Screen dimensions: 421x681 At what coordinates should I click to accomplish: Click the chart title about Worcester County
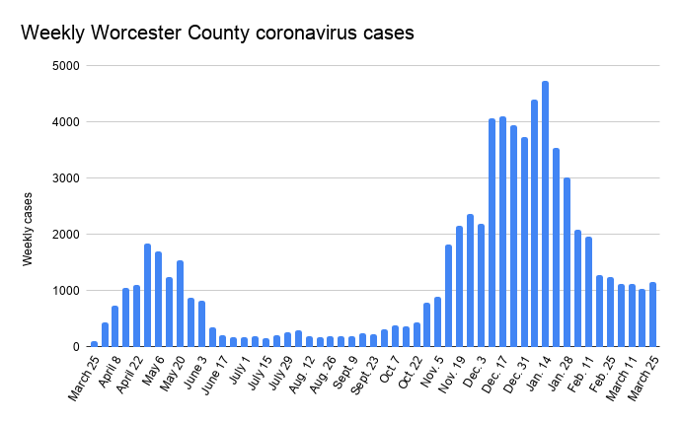(x=217, y=33)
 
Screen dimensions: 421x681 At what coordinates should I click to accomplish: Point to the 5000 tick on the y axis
(x=67, y=66)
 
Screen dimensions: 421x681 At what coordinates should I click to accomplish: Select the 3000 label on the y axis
(x=67, y=178)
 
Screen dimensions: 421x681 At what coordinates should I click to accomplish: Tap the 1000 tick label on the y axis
(x=67, y=291)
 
